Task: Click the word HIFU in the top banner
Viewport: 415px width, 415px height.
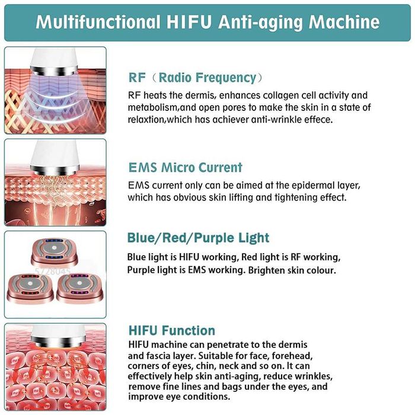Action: click(188, 22)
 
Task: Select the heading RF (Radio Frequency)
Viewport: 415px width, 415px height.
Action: click(195, 78)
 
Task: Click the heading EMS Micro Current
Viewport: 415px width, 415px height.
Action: click(185, 167)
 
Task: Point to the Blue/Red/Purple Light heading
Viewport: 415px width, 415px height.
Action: click(198, 238)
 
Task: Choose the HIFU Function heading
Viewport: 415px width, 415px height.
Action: click(171, 330)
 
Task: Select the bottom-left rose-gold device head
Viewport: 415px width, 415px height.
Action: click(36, 288)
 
